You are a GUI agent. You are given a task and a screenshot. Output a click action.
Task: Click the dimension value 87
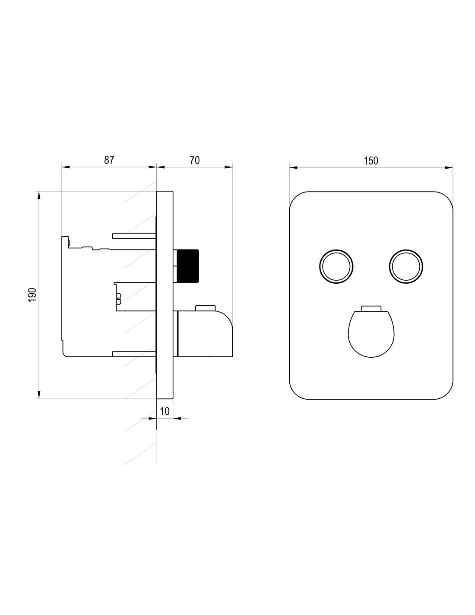[x=109, y=160]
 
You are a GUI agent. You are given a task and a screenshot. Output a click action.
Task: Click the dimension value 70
[x=195, y=160]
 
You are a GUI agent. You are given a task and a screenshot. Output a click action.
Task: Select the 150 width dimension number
[x=371, y=160]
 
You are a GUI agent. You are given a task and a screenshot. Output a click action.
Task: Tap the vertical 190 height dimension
[x=32, y=295]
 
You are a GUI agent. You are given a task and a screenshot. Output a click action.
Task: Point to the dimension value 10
[x=165, y=411]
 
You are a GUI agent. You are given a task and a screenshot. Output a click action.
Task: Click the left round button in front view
[x=336, y=266]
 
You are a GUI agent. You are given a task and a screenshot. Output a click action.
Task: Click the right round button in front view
[x=406, y=266]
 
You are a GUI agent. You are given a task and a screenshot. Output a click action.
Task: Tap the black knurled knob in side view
[x=188, y=266]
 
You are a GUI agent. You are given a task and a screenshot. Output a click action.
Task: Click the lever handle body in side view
[x=205, y=333]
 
